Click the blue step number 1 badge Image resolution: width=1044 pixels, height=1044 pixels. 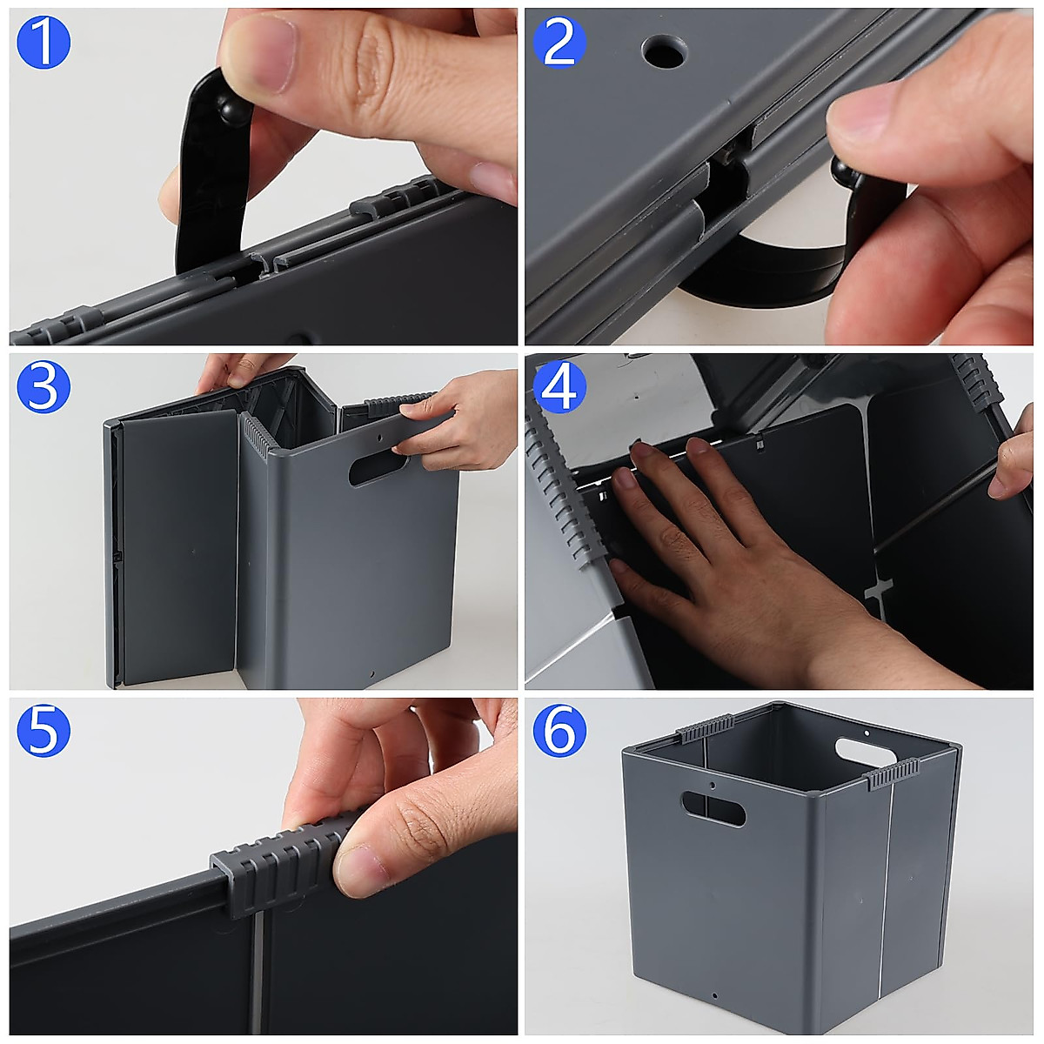click(43, 43)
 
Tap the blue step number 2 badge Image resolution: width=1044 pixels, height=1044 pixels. click(559, 43)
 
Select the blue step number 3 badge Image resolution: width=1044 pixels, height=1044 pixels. click(43, 387)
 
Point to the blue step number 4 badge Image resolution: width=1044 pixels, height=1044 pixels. click(559, 387)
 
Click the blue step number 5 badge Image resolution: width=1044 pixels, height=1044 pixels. click(43, 732)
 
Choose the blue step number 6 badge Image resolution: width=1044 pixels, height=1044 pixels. click(559, 732)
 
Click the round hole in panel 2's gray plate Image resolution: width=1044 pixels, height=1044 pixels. click(665, 52)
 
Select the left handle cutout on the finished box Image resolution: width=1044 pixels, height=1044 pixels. click(713, 808)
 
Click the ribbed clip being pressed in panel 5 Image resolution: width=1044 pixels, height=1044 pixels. click(278, 870)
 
